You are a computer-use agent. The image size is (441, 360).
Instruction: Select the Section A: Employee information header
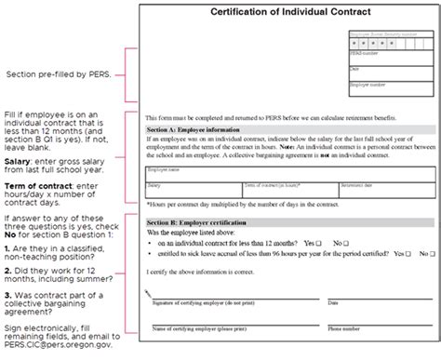[195, 131]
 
